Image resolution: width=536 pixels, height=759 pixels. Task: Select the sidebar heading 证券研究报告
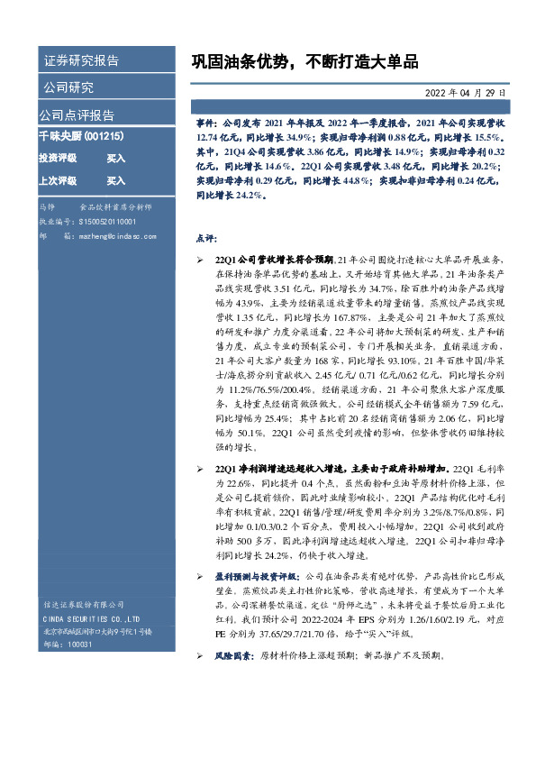coord(81,61)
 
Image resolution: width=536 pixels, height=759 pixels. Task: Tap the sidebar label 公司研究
coord(68,87)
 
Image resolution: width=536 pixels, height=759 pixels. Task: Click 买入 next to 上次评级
coord(115,180)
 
